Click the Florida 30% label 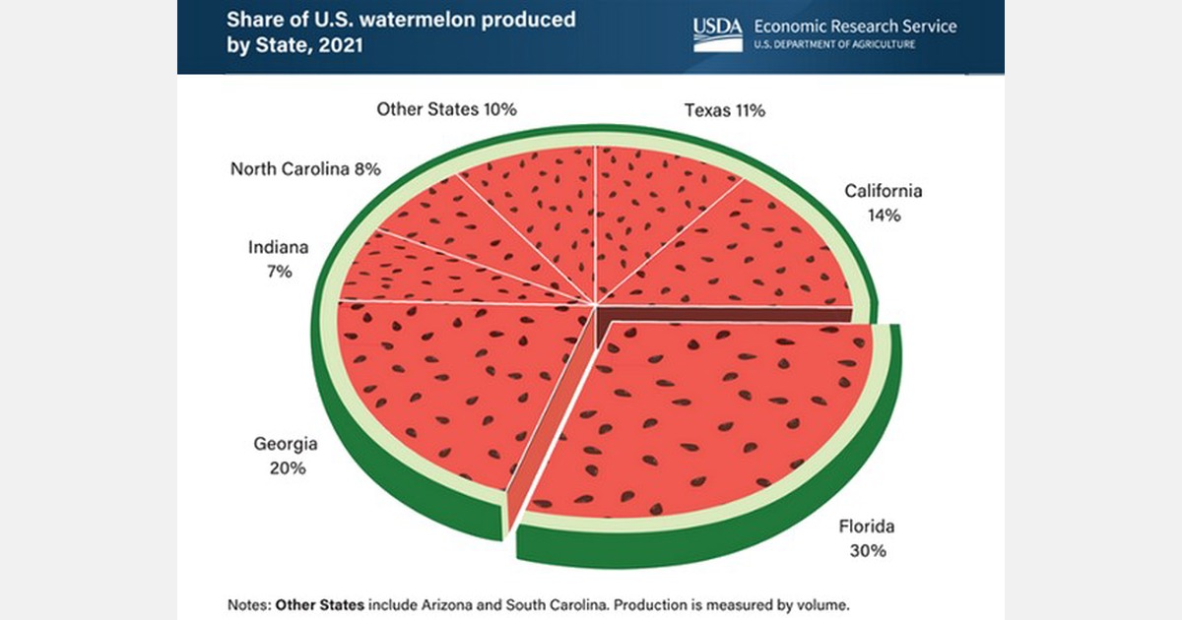pos(867,538)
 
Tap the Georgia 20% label pos(286,456)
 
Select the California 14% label pos(883,202)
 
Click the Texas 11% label pos(725,110)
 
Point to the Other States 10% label pos(446,108)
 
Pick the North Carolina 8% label pos(305,168)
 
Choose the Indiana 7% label pos(279,259)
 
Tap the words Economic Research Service pos(853,27)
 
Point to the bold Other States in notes pos(319,603)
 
